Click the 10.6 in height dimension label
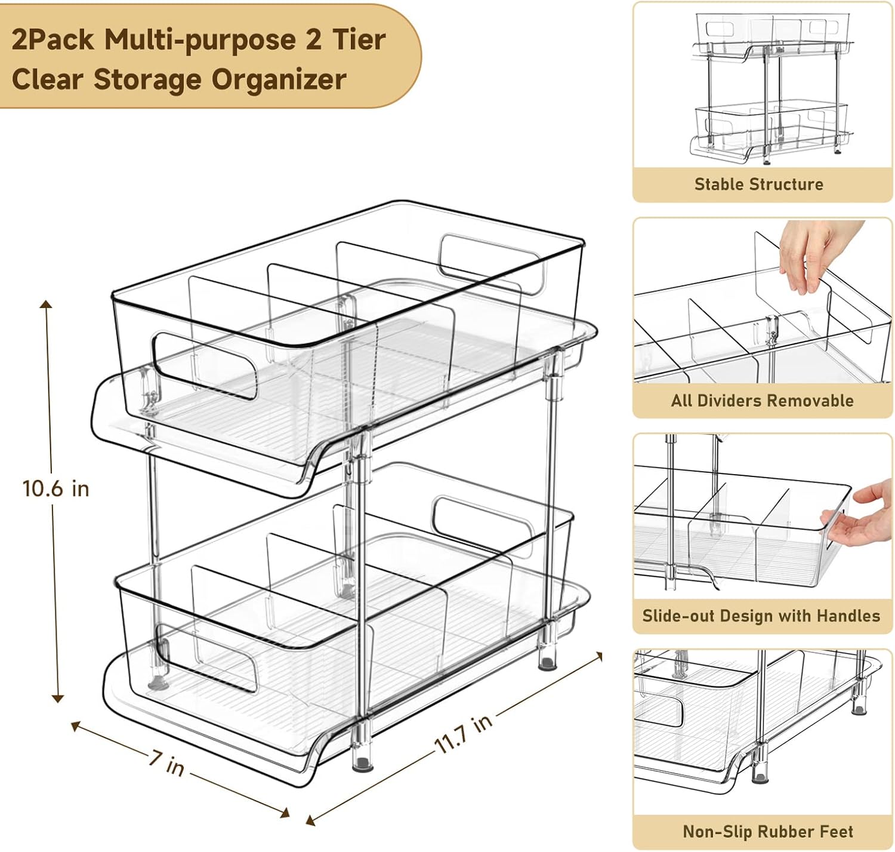coord(55,488)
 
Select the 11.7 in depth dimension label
coord(464,734)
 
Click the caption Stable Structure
coord(758,184)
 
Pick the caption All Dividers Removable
coord(762,400)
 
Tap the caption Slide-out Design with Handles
coord(761,616)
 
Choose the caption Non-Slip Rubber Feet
coord(768,831)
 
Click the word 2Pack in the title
coord(53,39)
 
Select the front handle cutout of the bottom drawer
coord(206,659)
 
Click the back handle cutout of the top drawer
coord(492,264)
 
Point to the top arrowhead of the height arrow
coord(46,304)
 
